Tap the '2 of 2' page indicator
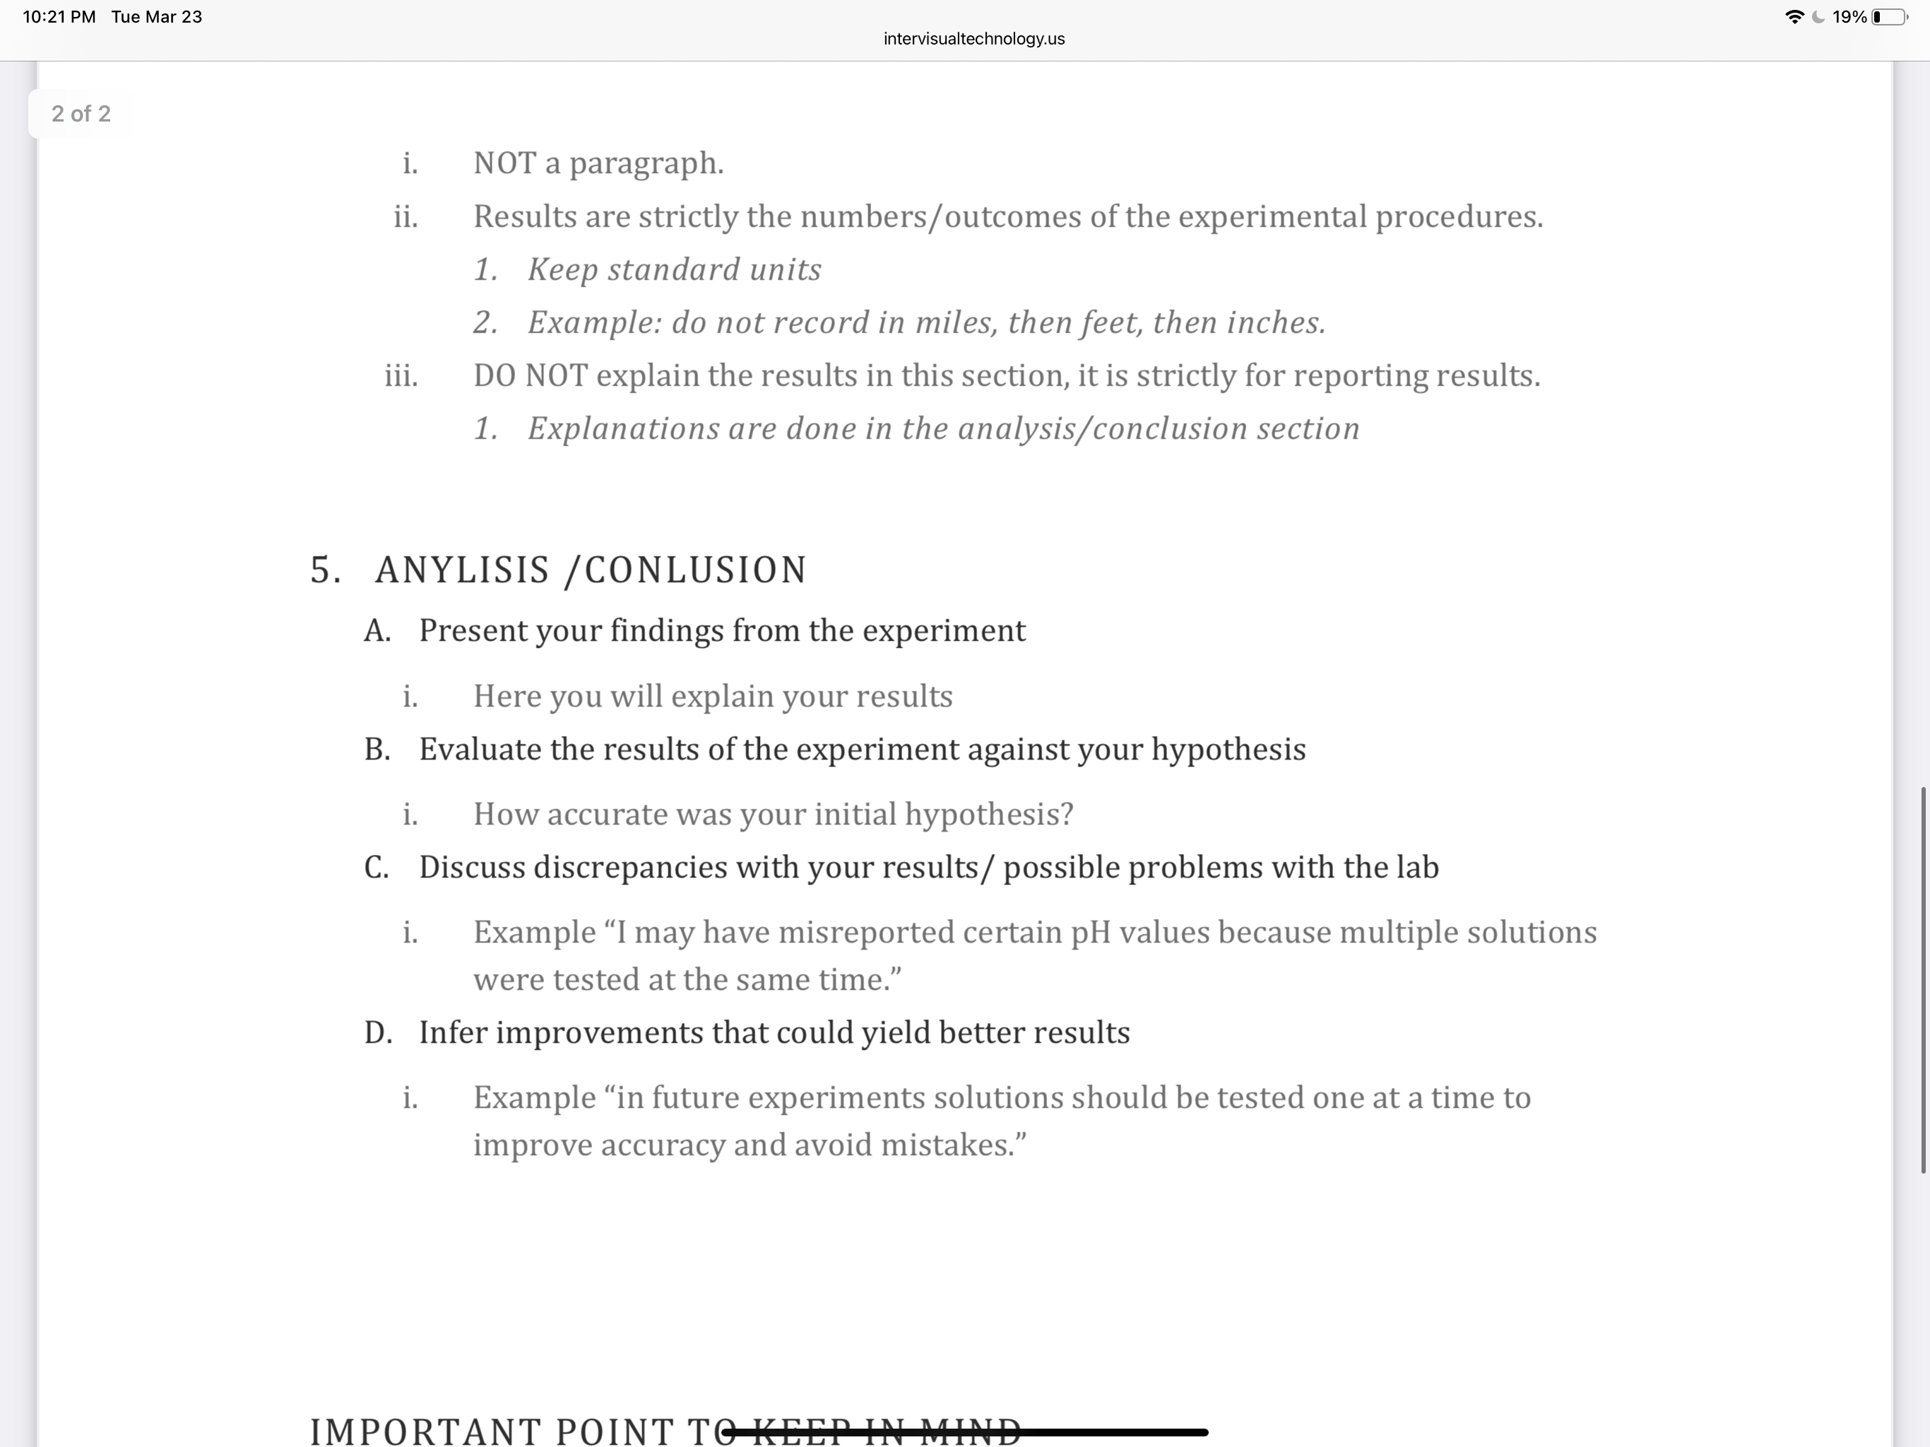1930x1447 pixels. click(81, 114)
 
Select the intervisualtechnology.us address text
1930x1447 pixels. click(973, 38)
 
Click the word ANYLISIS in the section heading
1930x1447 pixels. click(463, 571)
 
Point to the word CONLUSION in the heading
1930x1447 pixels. click(695, 571)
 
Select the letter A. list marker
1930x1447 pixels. click(377, 631)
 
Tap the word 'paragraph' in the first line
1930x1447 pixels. click(646, 164)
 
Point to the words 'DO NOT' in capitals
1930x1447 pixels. click(531, 376)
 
